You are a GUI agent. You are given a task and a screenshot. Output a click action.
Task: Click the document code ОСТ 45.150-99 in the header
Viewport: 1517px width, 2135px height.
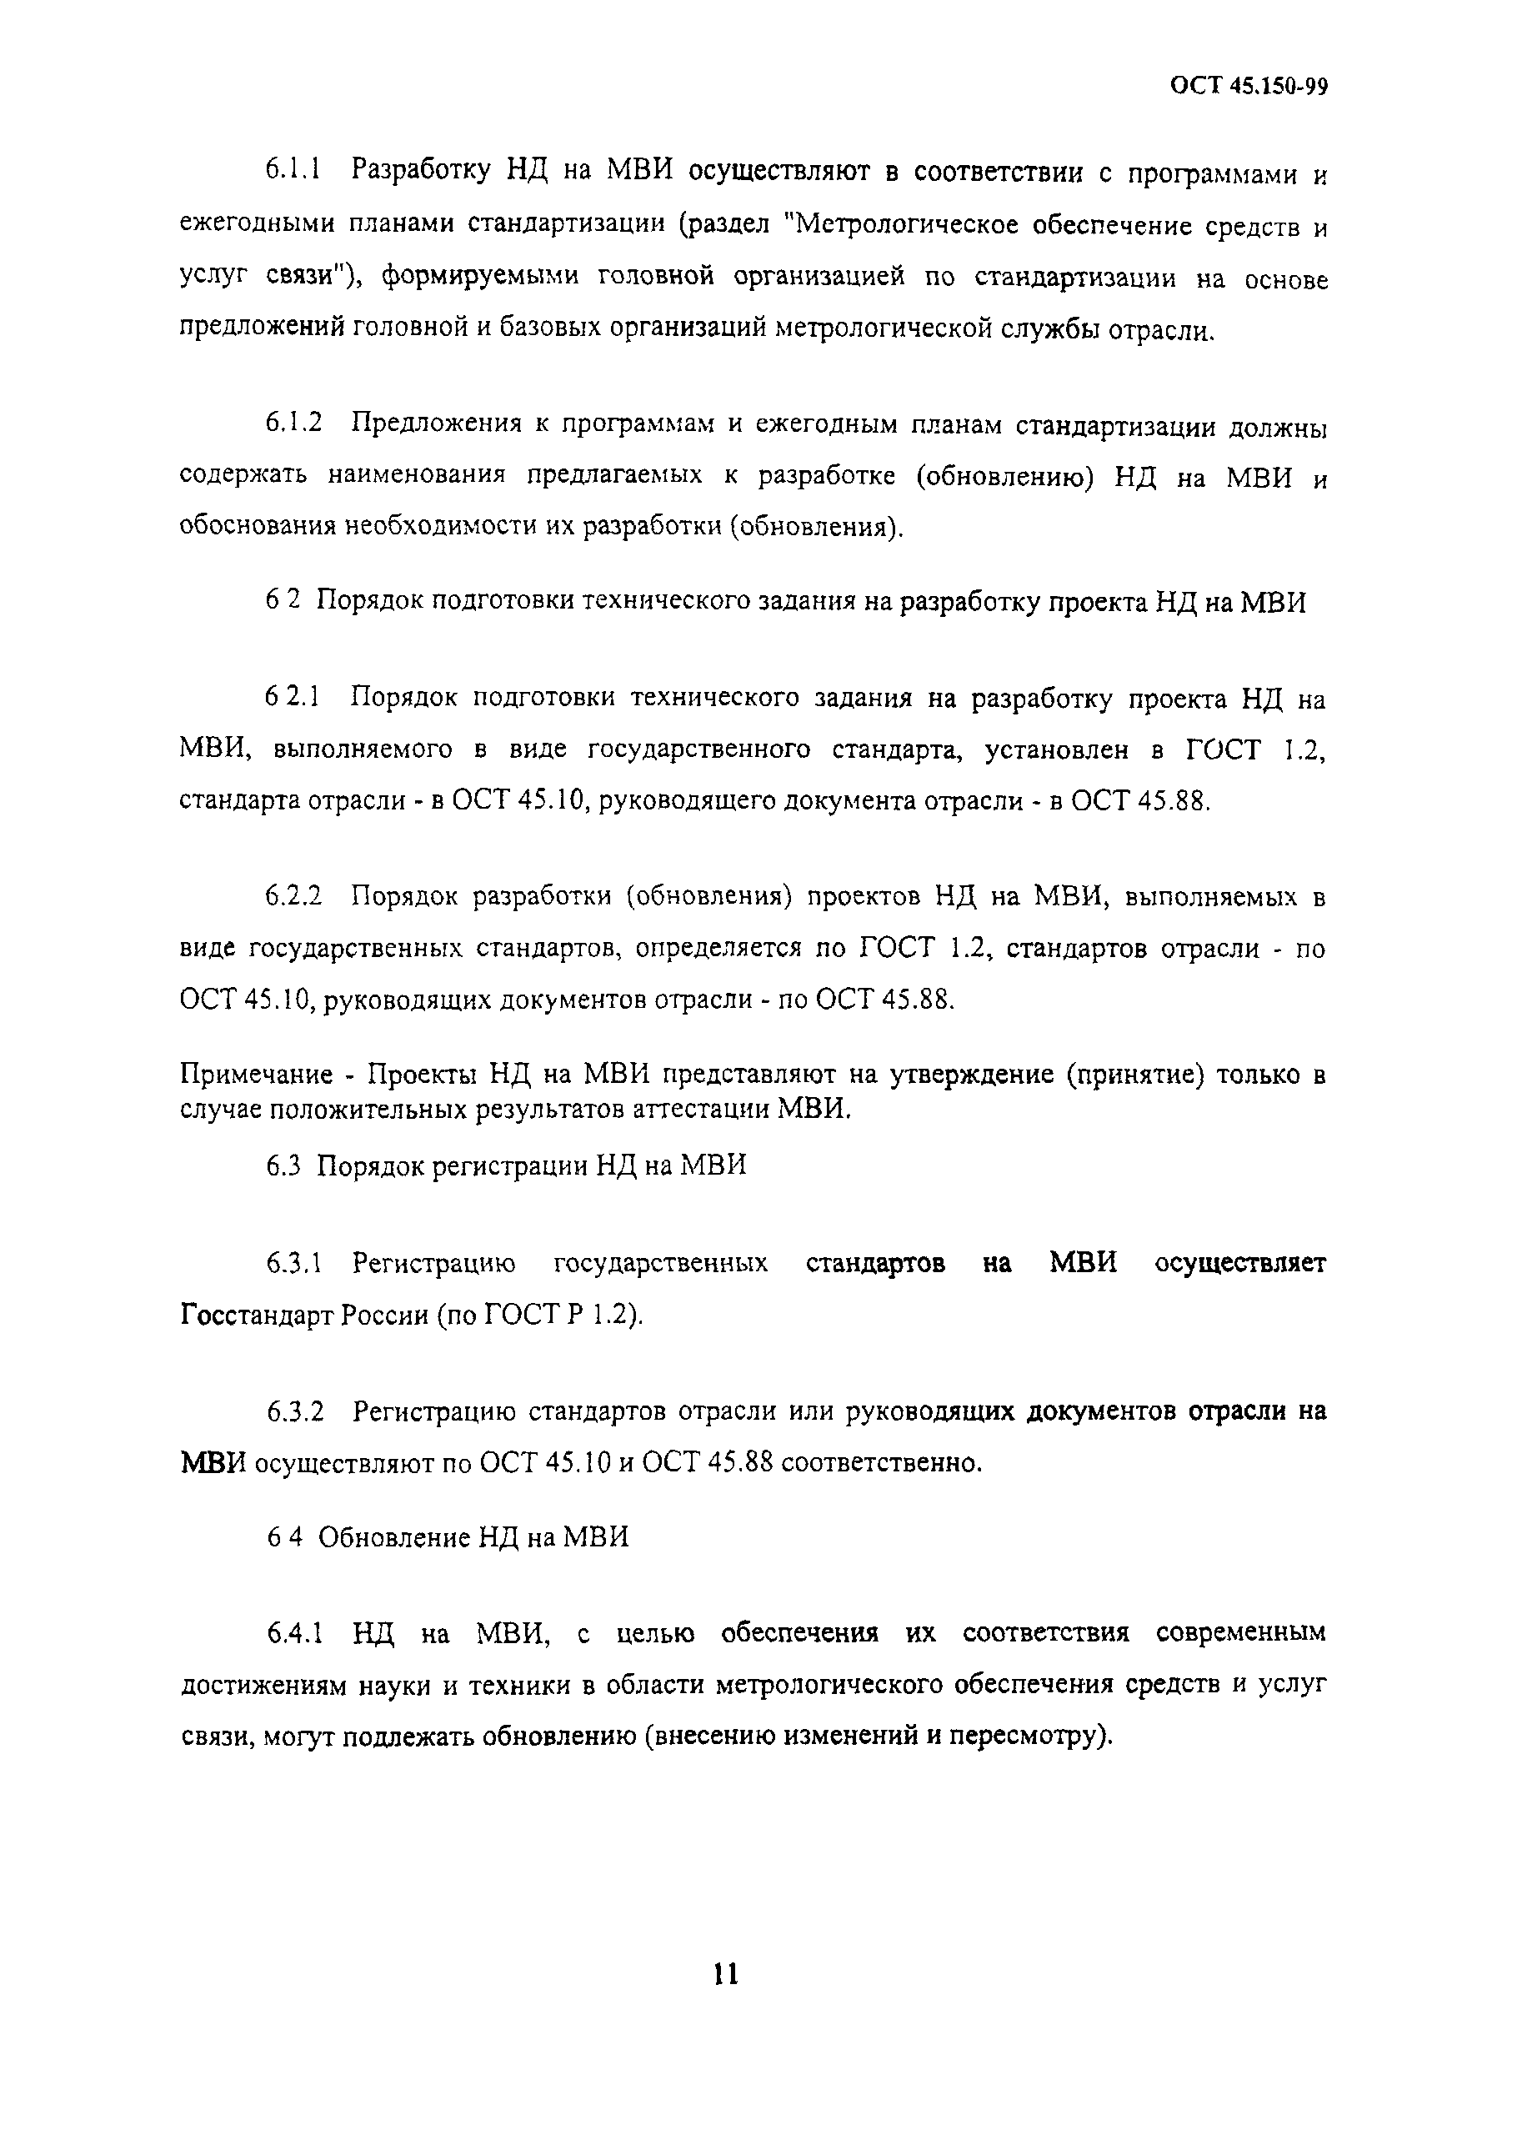click(1248, 86)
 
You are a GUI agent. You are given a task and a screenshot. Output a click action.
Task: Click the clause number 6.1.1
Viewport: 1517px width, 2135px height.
click(293, 171)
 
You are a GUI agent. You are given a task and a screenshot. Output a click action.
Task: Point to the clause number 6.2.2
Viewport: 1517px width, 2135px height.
click(293, 896)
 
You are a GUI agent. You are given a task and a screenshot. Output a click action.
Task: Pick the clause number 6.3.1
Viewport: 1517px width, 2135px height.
click(293, 1263)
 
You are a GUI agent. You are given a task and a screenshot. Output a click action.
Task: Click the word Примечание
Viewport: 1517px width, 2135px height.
click(256, 1074)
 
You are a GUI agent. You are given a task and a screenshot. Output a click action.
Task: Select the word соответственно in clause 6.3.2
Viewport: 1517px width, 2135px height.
click(881, 1462)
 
